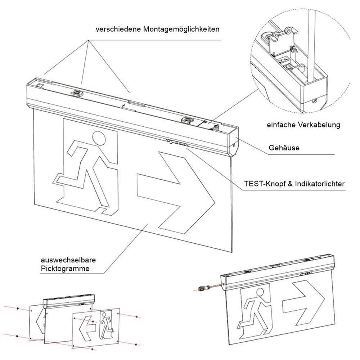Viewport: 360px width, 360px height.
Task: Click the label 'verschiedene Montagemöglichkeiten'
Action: [x=157, y=29]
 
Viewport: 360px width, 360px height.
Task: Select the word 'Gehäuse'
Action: [x=284, y=148]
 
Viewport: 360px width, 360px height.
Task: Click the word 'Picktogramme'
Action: [x=65, y=268]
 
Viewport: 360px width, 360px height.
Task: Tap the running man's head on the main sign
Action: [x=99, y=138]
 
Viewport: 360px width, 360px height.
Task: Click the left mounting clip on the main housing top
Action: [x=76, y=94]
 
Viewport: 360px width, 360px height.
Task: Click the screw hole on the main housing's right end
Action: [x=234, y=145]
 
